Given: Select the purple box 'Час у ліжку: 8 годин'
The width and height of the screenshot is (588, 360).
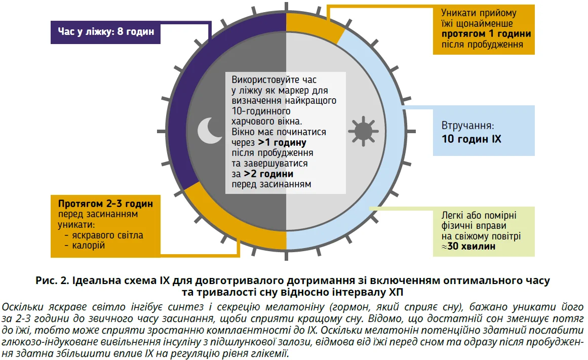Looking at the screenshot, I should (x=106, y=32).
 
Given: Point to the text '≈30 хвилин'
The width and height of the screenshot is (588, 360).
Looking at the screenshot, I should (x=468, y=247).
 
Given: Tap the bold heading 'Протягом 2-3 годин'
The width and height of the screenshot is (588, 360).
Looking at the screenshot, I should (x=105, y=204).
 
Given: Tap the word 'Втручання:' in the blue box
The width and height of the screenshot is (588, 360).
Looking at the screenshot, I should (x=467, y=126).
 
